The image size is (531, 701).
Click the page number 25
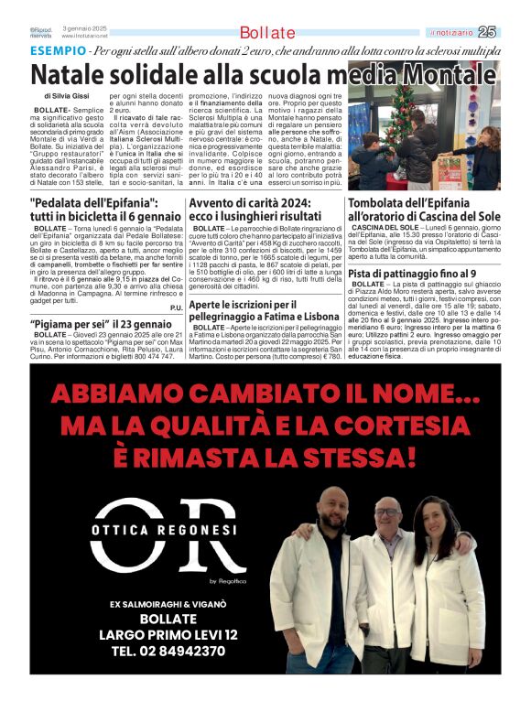pyautogui.click(x=487, y=32)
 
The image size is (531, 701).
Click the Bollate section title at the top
pyautogui.click(x=267, y=33)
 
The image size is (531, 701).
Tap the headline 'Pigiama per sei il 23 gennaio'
pyautogui.click(x=100, y=324)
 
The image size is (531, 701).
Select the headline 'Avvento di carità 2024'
pyautogui.click(x=264, y=208)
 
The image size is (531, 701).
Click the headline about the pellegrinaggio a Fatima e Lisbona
pyautogui.click(x=264, y=310)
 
